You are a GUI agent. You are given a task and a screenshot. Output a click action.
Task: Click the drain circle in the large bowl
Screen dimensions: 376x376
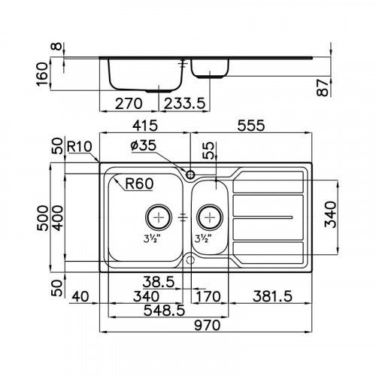click(x=159, y=217)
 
